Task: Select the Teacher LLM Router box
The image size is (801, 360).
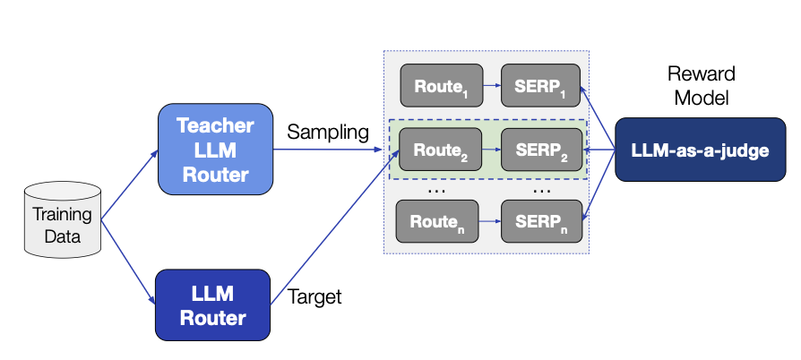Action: [x=215, y=150]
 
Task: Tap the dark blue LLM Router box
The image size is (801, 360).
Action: [x=212, y=304]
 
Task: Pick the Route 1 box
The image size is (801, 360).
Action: [x=441, y=87]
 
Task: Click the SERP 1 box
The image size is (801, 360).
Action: [x=540, y=87]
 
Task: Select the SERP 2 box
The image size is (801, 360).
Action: [x=540, y=150]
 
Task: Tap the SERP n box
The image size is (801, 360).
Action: [x=540, y=221]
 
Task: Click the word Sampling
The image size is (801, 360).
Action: [x=328, y=133]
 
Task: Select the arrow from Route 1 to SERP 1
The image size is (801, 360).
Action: [x=491, y=88]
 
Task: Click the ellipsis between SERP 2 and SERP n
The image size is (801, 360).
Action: [x=542, y=189]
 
